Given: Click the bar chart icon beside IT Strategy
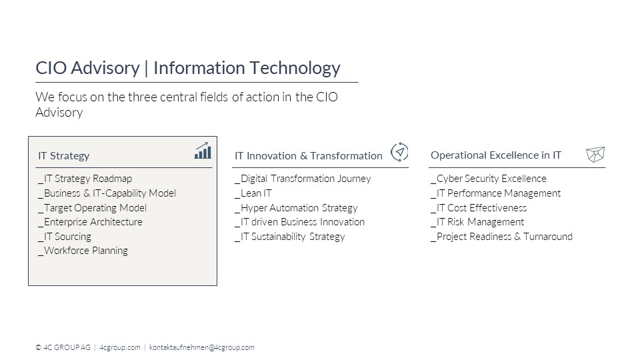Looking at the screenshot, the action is (x=203, y=151).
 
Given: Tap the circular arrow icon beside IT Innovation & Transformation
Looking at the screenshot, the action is (x=399, y=152).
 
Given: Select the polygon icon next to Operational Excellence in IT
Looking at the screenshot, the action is (x=595, y=155).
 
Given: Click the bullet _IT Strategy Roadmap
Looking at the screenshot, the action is (x=85, y=179).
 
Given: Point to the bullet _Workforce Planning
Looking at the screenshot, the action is (x=83, y=251).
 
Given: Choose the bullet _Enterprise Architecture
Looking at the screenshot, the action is (x=90, y=222).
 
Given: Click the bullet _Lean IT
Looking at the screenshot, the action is (x=253, y=193).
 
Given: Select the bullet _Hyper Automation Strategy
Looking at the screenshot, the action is (x=296, y=208).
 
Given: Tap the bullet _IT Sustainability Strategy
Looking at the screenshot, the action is (x=290, y=237).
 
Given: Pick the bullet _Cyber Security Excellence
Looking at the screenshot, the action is (x=489, y=179).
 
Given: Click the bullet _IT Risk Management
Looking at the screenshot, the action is (x=477, y=222).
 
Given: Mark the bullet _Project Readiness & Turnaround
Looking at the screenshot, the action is (x=501, y=237).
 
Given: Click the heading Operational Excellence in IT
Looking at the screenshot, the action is (x=496, y=155).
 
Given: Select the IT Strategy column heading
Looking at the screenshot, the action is (x=64, y=156).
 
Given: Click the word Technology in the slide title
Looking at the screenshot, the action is (x=295, y=68).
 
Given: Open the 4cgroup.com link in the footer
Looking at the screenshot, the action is (x=119, y=347).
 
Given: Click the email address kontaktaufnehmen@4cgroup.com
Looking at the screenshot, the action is (x=201, y=347).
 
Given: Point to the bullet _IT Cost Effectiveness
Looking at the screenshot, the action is (x=479, y=208).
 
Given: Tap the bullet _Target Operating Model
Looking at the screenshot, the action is (x=92, y=208).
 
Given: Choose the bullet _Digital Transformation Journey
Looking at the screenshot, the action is (x=303, y=179).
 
